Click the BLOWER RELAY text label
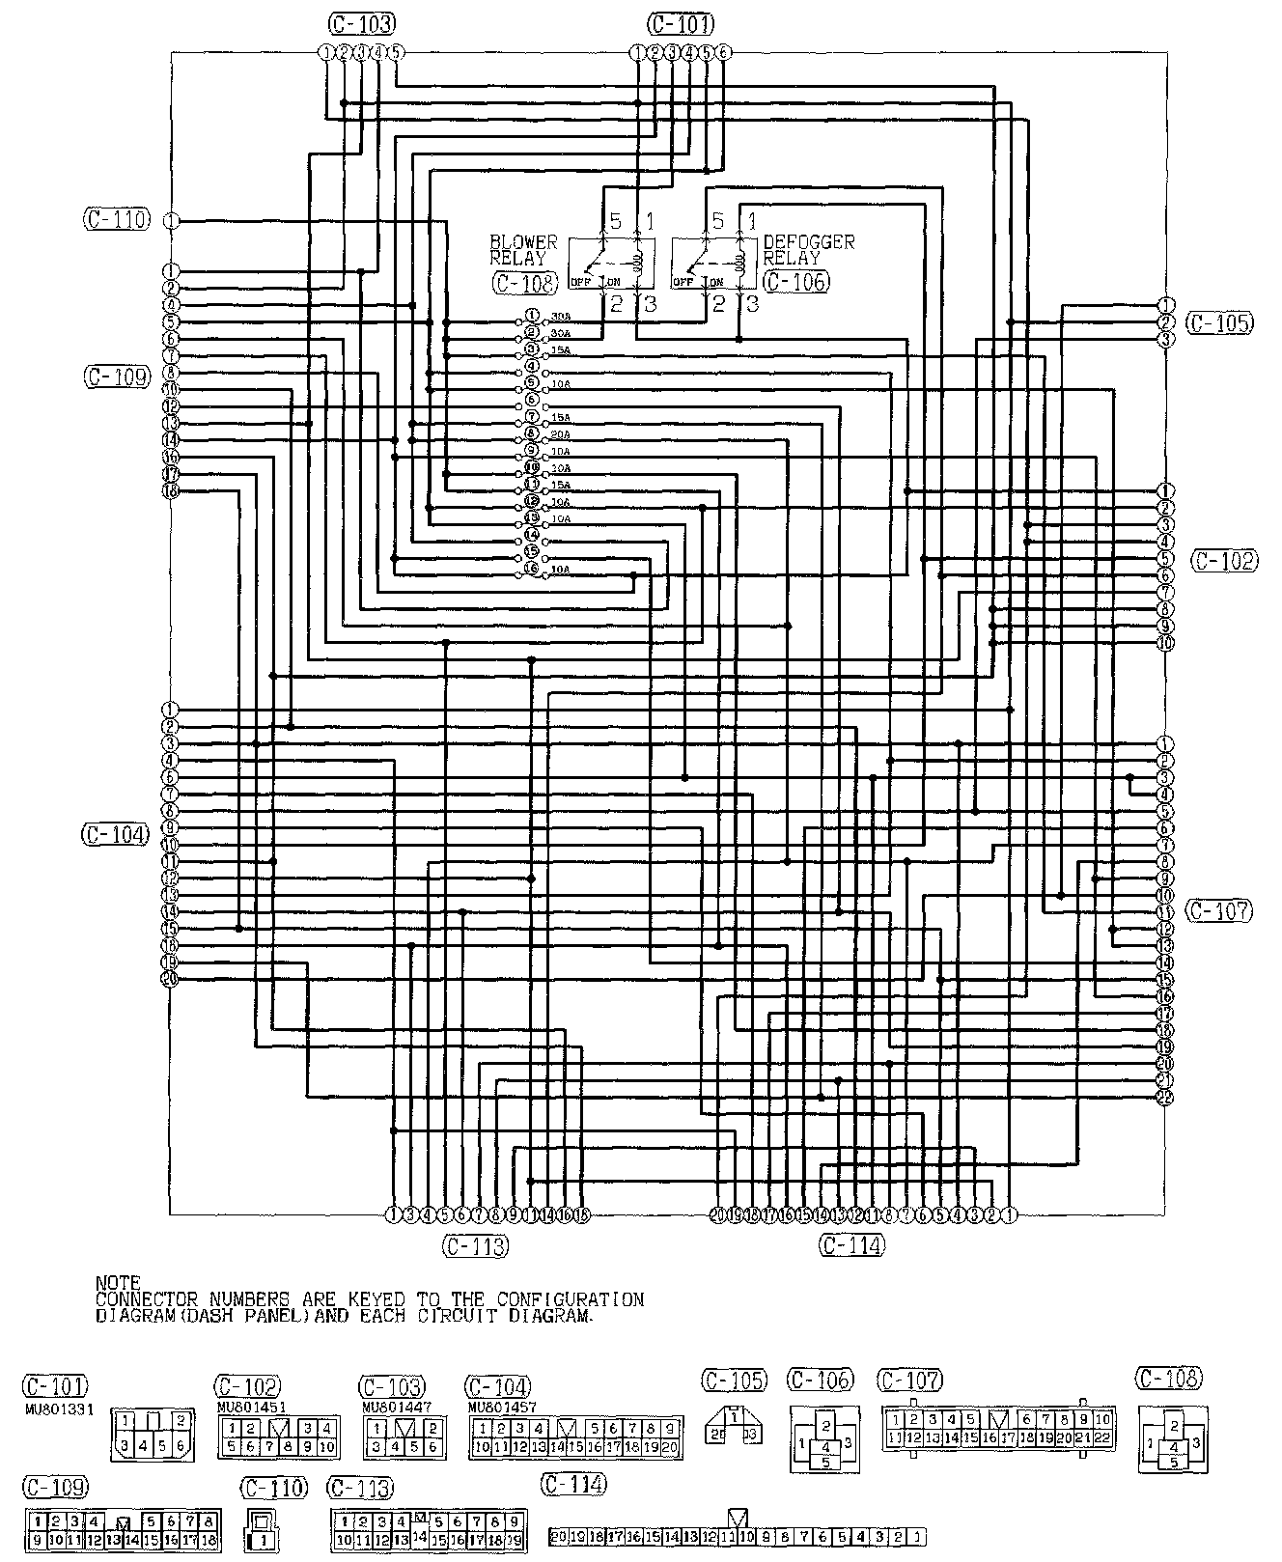[x=523, y=250]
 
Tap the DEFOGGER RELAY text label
[x=808, y=250]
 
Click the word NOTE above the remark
[x=118, y=1282]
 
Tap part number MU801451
[x=245, y=1408]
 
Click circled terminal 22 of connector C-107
[x=1165, y=1098]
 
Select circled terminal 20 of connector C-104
[x=170, y=979]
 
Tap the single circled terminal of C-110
[x=171, y=221]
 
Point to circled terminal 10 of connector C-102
[x=1165, y=643]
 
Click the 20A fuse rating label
[x=560, y=434]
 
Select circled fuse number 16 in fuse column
[x=531, y=569]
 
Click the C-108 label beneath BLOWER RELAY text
[x=525, y=282]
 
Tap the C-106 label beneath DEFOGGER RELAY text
[x=795, y=282]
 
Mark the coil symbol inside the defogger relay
[x=741, y=261]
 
